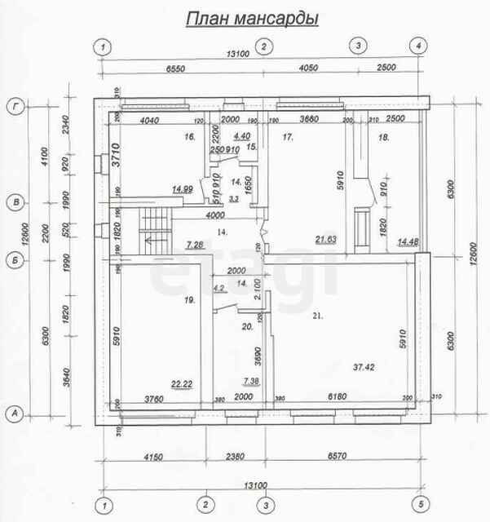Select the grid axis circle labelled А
click(x=14, y=414)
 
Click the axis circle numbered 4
click(x=417, y=46)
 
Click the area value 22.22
click(x=180, y=384)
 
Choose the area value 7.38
click(x=251, y=382)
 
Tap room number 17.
click(x=288, y=138)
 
